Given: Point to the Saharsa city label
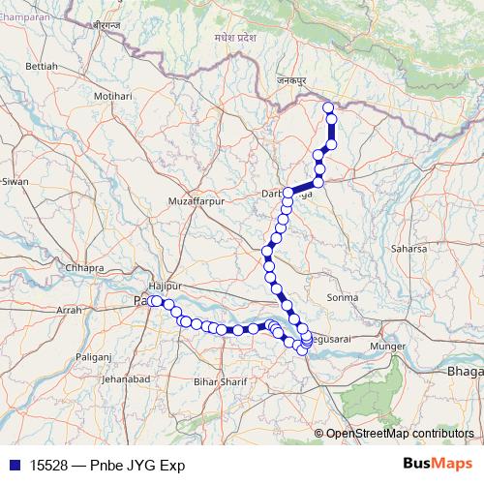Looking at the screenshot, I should (408, 249).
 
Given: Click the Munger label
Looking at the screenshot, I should (389, 345).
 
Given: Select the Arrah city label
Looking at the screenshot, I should (70, 311).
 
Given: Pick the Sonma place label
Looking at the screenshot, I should (343, 297).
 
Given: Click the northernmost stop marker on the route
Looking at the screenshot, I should (327, 107).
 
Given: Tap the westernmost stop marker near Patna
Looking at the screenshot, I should (154, 302).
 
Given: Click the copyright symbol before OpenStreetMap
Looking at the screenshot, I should (318, 434).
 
